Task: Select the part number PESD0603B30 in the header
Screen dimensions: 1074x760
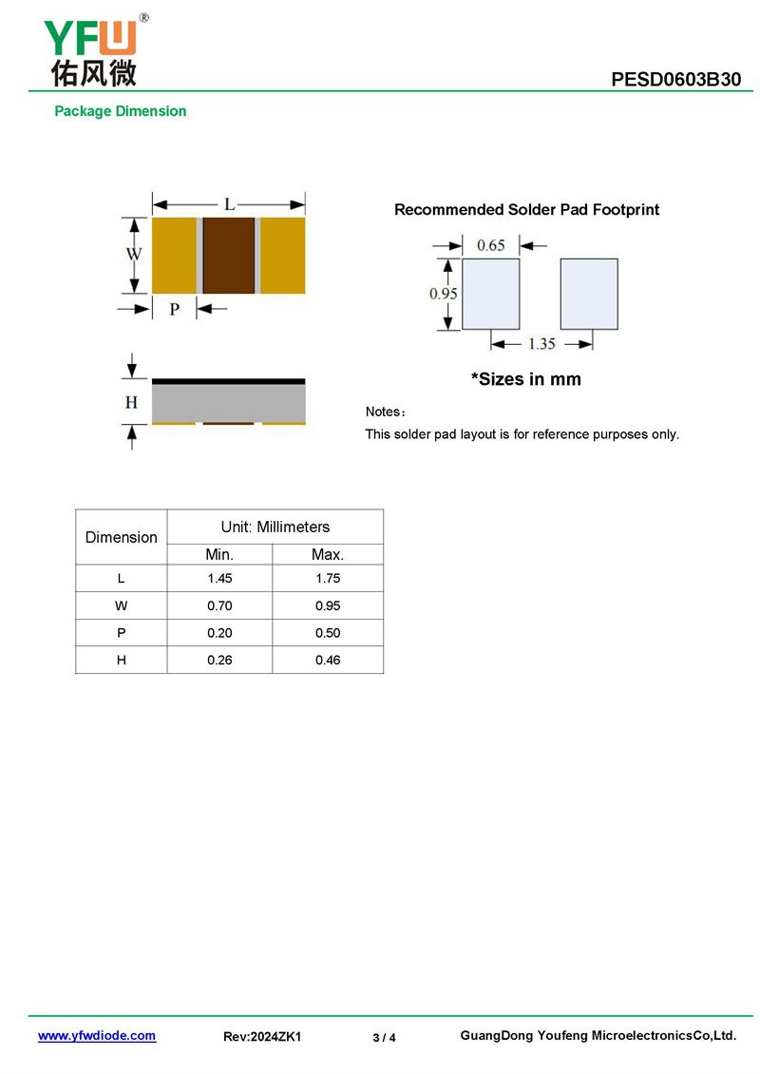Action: (675, 80)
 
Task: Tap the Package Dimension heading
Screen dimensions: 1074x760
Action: (120, 111)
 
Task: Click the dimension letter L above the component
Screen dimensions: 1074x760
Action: (229, 203)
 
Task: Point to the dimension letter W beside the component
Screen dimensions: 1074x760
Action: (134, 255)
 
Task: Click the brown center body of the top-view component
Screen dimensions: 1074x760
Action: (229, 256)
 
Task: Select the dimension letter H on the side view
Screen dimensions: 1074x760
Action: (131, 403)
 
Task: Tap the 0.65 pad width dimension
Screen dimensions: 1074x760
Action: (490, 245)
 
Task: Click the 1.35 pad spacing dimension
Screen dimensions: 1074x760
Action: (541, 343)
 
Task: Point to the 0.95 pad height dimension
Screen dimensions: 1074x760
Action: (443, 294)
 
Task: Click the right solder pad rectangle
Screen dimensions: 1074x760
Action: (589, 294)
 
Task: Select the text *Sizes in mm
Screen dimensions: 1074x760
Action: (526, 379)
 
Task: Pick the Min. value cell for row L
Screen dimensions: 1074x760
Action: (219, 579)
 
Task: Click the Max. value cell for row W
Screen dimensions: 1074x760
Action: (328, 605)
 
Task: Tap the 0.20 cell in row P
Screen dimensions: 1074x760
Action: (219, 633)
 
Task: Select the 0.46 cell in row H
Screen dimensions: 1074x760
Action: (328, 660)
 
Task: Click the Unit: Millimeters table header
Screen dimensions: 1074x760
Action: (275, 527)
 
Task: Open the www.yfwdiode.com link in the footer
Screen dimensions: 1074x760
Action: (97, 1036)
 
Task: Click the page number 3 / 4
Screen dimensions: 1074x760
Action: (384, 1037)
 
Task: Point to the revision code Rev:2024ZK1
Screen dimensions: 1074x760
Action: (262, 1037)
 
